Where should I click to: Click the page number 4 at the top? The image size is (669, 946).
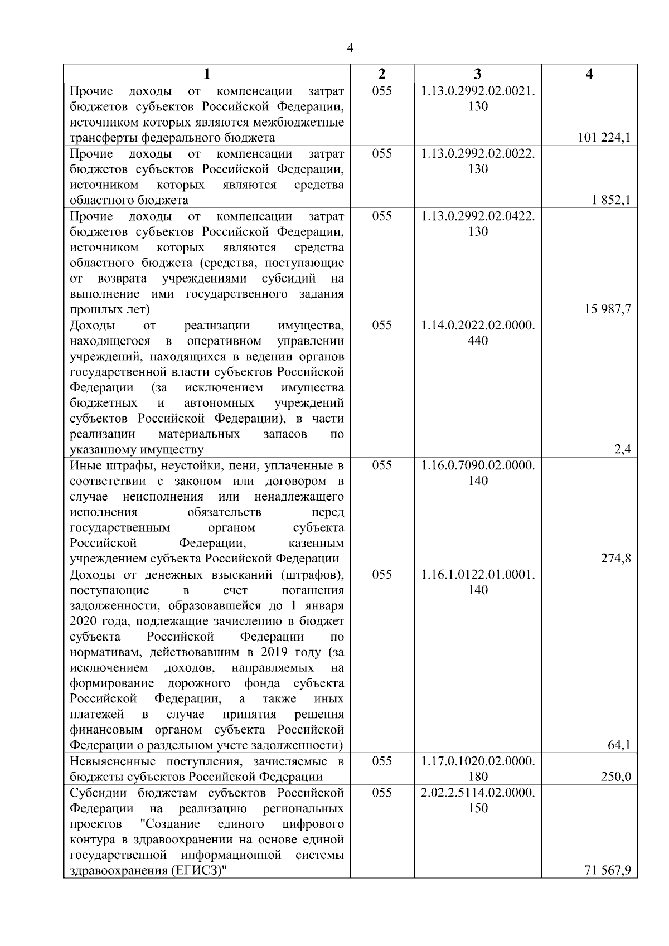pos(350,48)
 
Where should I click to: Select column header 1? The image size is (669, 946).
pos(207,74)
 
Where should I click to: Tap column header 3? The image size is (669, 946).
pos(477,74)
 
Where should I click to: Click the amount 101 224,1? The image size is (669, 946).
pos(604,138)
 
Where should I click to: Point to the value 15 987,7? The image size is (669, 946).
pos(608,309)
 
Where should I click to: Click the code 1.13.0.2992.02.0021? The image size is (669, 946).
pos(478,91)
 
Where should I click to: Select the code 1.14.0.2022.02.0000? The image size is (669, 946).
pos(478,325)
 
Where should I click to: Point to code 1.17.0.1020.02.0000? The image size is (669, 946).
pos(478,761)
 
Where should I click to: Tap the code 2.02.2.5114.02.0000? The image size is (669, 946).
pos(478,792)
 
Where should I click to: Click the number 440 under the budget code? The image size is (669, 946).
pos(478,341)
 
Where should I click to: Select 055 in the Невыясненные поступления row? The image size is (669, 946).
pos(382,761)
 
